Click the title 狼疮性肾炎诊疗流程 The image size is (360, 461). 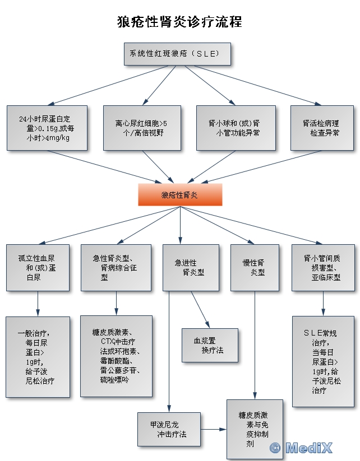click(179, 22)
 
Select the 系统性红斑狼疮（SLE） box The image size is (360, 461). click(177, 54)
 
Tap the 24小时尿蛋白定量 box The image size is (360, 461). click(47, 128)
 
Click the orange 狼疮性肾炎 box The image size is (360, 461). click(180, 195)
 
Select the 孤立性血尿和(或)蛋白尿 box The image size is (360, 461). click(38, 268)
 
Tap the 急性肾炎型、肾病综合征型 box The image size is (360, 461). click(116, 268)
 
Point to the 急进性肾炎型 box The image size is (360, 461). click(191, 268)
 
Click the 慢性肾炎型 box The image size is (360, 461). click(253, 268)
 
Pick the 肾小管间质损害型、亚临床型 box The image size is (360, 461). click(323, 268)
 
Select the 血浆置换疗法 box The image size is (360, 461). click(209, 345)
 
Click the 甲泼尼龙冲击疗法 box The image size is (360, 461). click(169, 429)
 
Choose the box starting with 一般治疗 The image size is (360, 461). click(38, 357)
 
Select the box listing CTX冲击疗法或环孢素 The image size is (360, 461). click(116, 356)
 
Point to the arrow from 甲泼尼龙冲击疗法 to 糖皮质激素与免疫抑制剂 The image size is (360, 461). click(214, 430)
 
